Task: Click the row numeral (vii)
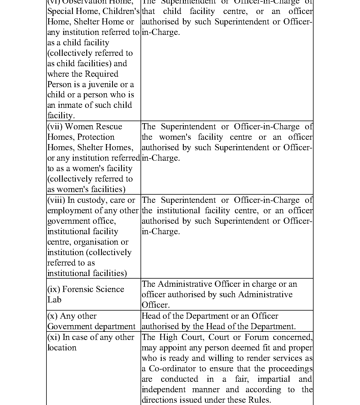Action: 55,127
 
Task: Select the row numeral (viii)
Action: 56,200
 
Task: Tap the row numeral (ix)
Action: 54,289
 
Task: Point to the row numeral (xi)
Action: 54,337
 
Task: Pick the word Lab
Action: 54,300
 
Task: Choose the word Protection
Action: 96,137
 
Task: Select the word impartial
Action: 274,379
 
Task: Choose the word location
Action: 62,348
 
